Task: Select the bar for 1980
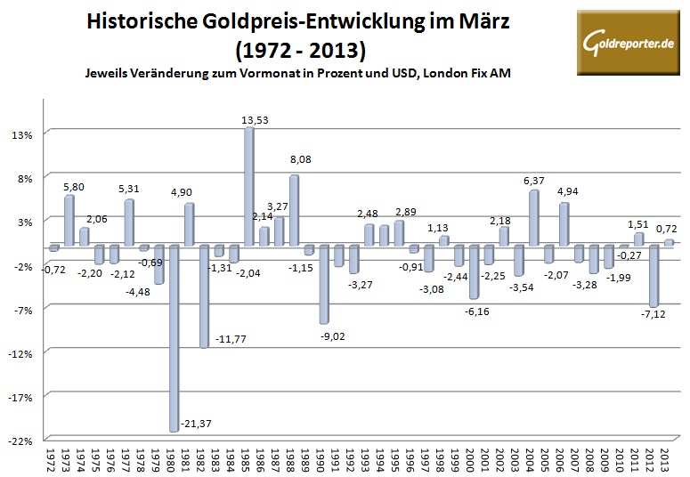[174, 338]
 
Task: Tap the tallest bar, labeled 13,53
[249, 187]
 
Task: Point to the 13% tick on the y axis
[21, 134]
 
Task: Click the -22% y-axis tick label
[21, 440]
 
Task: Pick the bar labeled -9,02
[325, 284]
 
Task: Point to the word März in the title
[463, 20]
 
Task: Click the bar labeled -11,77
[204, 296]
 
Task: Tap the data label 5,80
[75, 187]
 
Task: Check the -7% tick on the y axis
[21, 309]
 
